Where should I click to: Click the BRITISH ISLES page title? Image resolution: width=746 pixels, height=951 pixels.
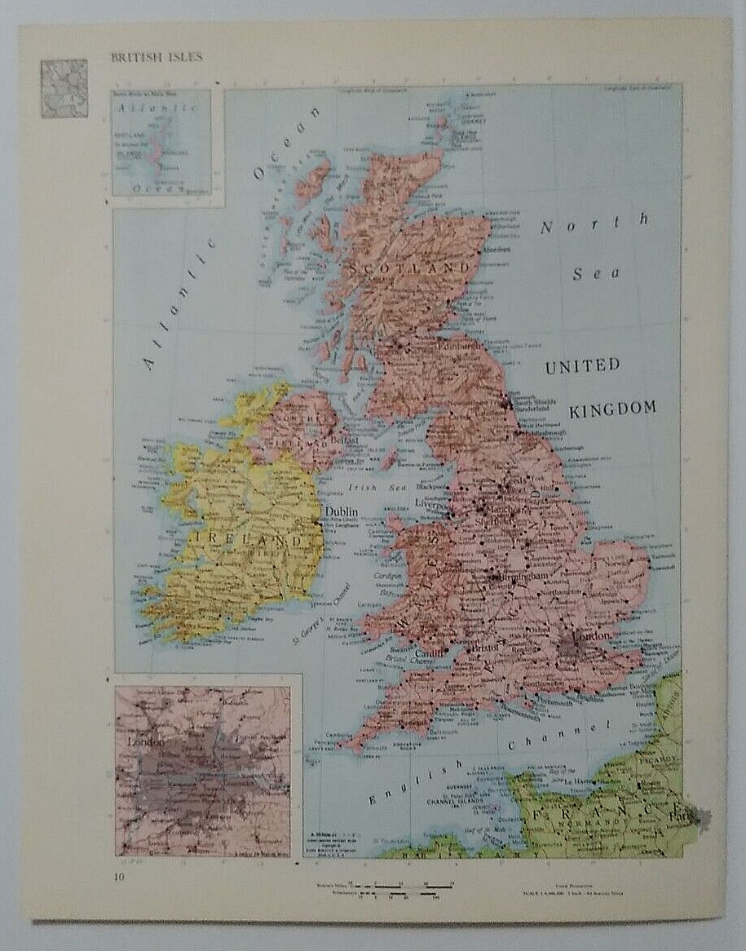point(157,57)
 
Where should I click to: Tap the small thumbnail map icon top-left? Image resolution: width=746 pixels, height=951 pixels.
point(64,88)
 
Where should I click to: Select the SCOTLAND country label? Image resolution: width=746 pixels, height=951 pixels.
point(410,268)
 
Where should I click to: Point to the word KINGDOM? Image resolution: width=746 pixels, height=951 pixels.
point(612,409)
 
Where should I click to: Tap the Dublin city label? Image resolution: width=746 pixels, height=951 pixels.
point(342,511)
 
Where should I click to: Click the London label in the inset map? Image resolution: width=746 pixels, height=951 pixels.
point(147,742)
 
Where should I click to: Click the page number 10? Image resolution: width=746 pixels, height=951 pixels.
point(120,877)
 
